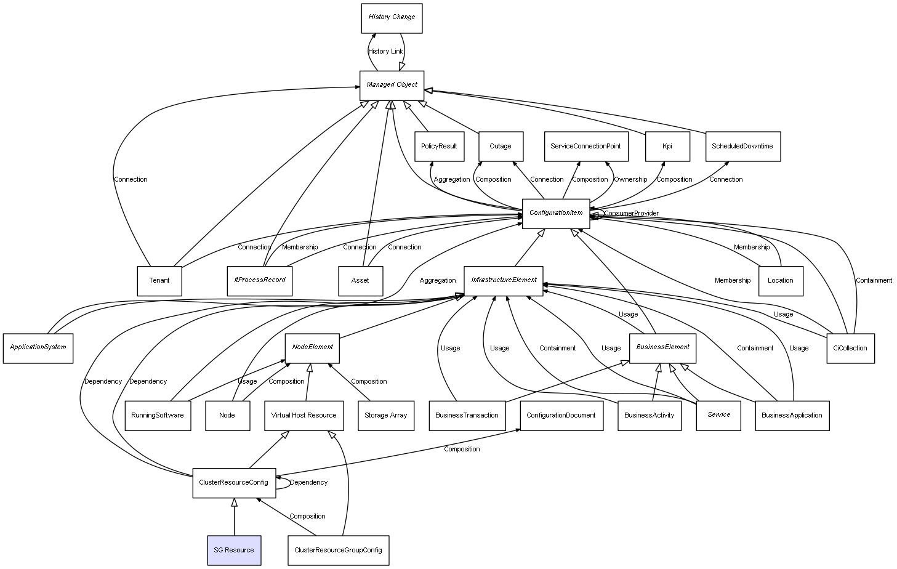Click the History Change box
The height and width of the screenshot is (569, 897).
(392, 18)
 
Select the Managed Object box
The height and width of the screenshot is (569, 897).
(392, 86)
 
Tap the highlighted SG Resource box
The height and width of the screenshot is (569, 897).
(235, 550)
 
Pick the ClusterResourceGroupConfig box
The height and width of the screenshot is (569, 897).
(339, 550)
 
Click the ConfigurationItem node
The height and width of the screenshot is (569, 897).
(556, 214)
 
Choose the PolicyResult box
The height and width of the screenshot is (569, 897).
(440, 147)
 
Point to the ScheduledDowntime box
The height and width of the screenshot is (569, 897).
(743, 147)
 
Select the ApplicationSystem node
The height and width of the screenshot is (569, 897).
(38, 349)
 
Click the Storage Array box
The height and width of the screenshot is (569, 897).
(386, 416)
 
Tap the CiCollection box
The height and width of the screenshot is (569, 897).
(851, 349)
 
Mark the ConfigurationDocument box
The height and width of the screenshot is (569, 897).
(561, 416)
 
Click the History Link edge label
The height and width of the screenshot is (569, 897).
(385, 51)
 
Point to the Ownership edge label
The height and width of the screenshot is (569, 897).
(630, 179)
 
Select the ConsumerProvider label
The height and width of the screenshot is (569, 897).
(631, 214)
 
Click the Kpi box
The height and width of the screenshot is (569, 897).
(667, 147)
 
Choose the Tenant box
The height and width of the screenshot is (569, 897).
(159, 281)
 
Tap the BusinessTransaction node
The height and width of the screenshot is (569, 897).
(467, 416)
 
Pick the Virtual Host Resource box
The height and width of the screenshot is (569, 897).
(304, 416)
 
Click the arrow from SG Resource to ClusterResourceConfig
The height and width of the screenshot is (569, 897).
(235, 517)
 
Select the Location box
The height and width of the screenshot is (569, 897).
(781, 281)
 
